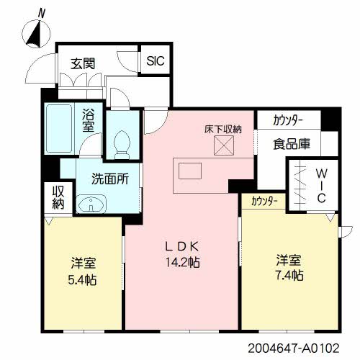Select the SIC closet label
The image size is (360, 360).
pos(156,60)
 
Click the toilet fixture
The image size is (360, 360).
pos(122,145)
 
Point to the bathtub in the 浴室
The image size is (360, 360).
pos(59,128)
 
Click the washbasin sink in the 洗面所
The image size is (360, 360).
pos(91,204)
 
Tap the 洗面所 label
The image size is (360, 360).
pos(110,179)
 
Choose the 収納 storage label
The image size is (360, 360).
pos(58,197)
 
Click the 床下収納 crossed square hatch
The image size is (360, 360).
pos(224,145)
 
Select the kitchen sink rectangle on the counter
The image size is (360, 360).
pos(190,171)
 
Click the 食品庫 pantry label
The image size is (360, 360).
pos(292,144)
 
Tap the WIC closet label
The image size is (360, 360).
pos(321,186)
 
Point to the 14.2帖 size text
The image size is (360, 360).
pos(183,262)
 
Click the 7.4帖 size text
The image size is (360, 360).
pos(289,275)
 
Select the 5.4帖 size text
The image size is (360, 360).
pos(82,279)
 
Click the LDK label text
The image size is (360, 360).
pos(182,246)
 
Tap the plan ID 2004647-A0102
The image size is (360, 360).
pos(294,348)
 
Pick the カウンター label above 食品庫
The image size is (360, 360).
pos(287,121)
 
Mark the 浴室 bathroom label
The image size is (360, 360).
pos(89,120)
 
